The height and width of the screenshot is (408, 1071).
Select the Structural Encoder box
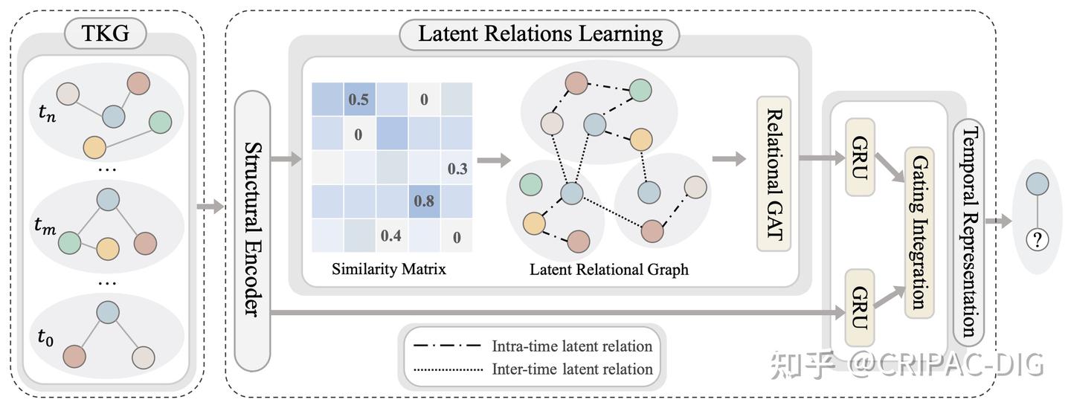coord(252,230)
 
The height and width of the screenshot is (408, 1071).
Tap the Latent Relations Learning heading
coord(539,34)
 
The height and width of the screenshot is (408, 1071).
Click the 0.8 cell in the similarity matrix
coord(424,200)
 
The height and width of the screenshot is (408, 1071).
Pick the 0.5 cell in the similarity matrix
coord(358,100)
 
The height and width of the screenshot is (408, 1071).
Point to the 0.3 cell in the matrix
coord(457,168)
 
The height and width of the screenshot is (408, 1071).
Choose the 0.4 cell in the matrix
coord(391,236)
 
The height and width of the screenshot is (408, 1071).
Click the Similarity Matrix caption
coord(389,269)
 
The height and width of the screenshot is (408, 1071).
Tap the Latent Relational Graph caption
coord(608,270)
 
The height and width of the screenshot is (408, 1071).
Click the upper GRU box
coord(860,157)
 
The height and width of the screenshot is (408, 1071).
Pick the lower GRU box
coord(860,306)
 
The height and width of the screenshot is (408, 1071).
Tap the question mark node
coord(1037,239)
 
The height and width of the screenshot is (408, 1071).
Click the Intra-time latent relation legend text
coord(571,346)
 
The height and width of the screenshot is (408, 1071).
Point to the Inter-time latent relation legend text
coord(572,369)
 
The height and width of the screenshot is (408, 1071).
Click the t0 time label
coord(45,337)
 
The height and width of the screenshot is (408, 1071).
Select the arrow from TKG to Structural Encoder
coord(210,206)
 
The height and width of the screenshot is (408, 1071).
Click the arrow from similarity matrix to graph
coord(495,160)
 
